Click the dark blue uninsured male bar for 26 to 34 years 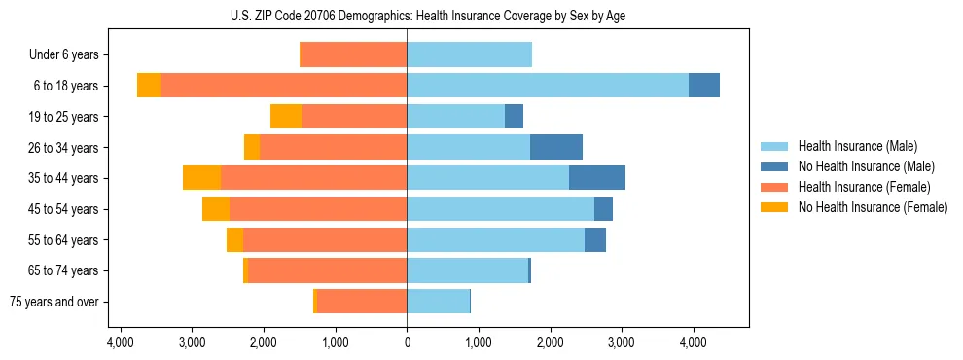tap(556, 147)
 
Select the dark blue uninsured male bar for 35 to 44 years tap(597, 178)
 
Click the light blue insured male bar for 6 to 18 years tap(548, 86)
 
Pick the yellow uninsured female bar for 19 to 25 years tap(286, 117)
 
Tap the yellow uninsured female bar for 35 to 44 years tap(201, 178)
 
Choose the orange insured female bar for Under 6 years tap(353, 55)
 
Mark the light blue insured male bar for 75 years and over tap(438, 302)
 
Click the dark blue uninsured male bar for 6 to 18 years tap(704, 86)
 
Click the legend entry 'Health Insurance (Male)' tap(857, 147)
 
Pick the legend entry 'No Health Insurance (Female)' tap(873, 207)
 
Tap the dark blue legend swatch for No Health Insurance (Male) tap(775, 167)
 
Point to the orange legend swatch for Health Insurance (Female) tap(775, 187)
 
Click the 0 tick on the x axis tap(407, 343)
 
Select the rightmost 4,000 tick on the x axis tap(693, 343)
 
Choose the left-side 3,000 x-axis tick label tap(192, 343)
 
